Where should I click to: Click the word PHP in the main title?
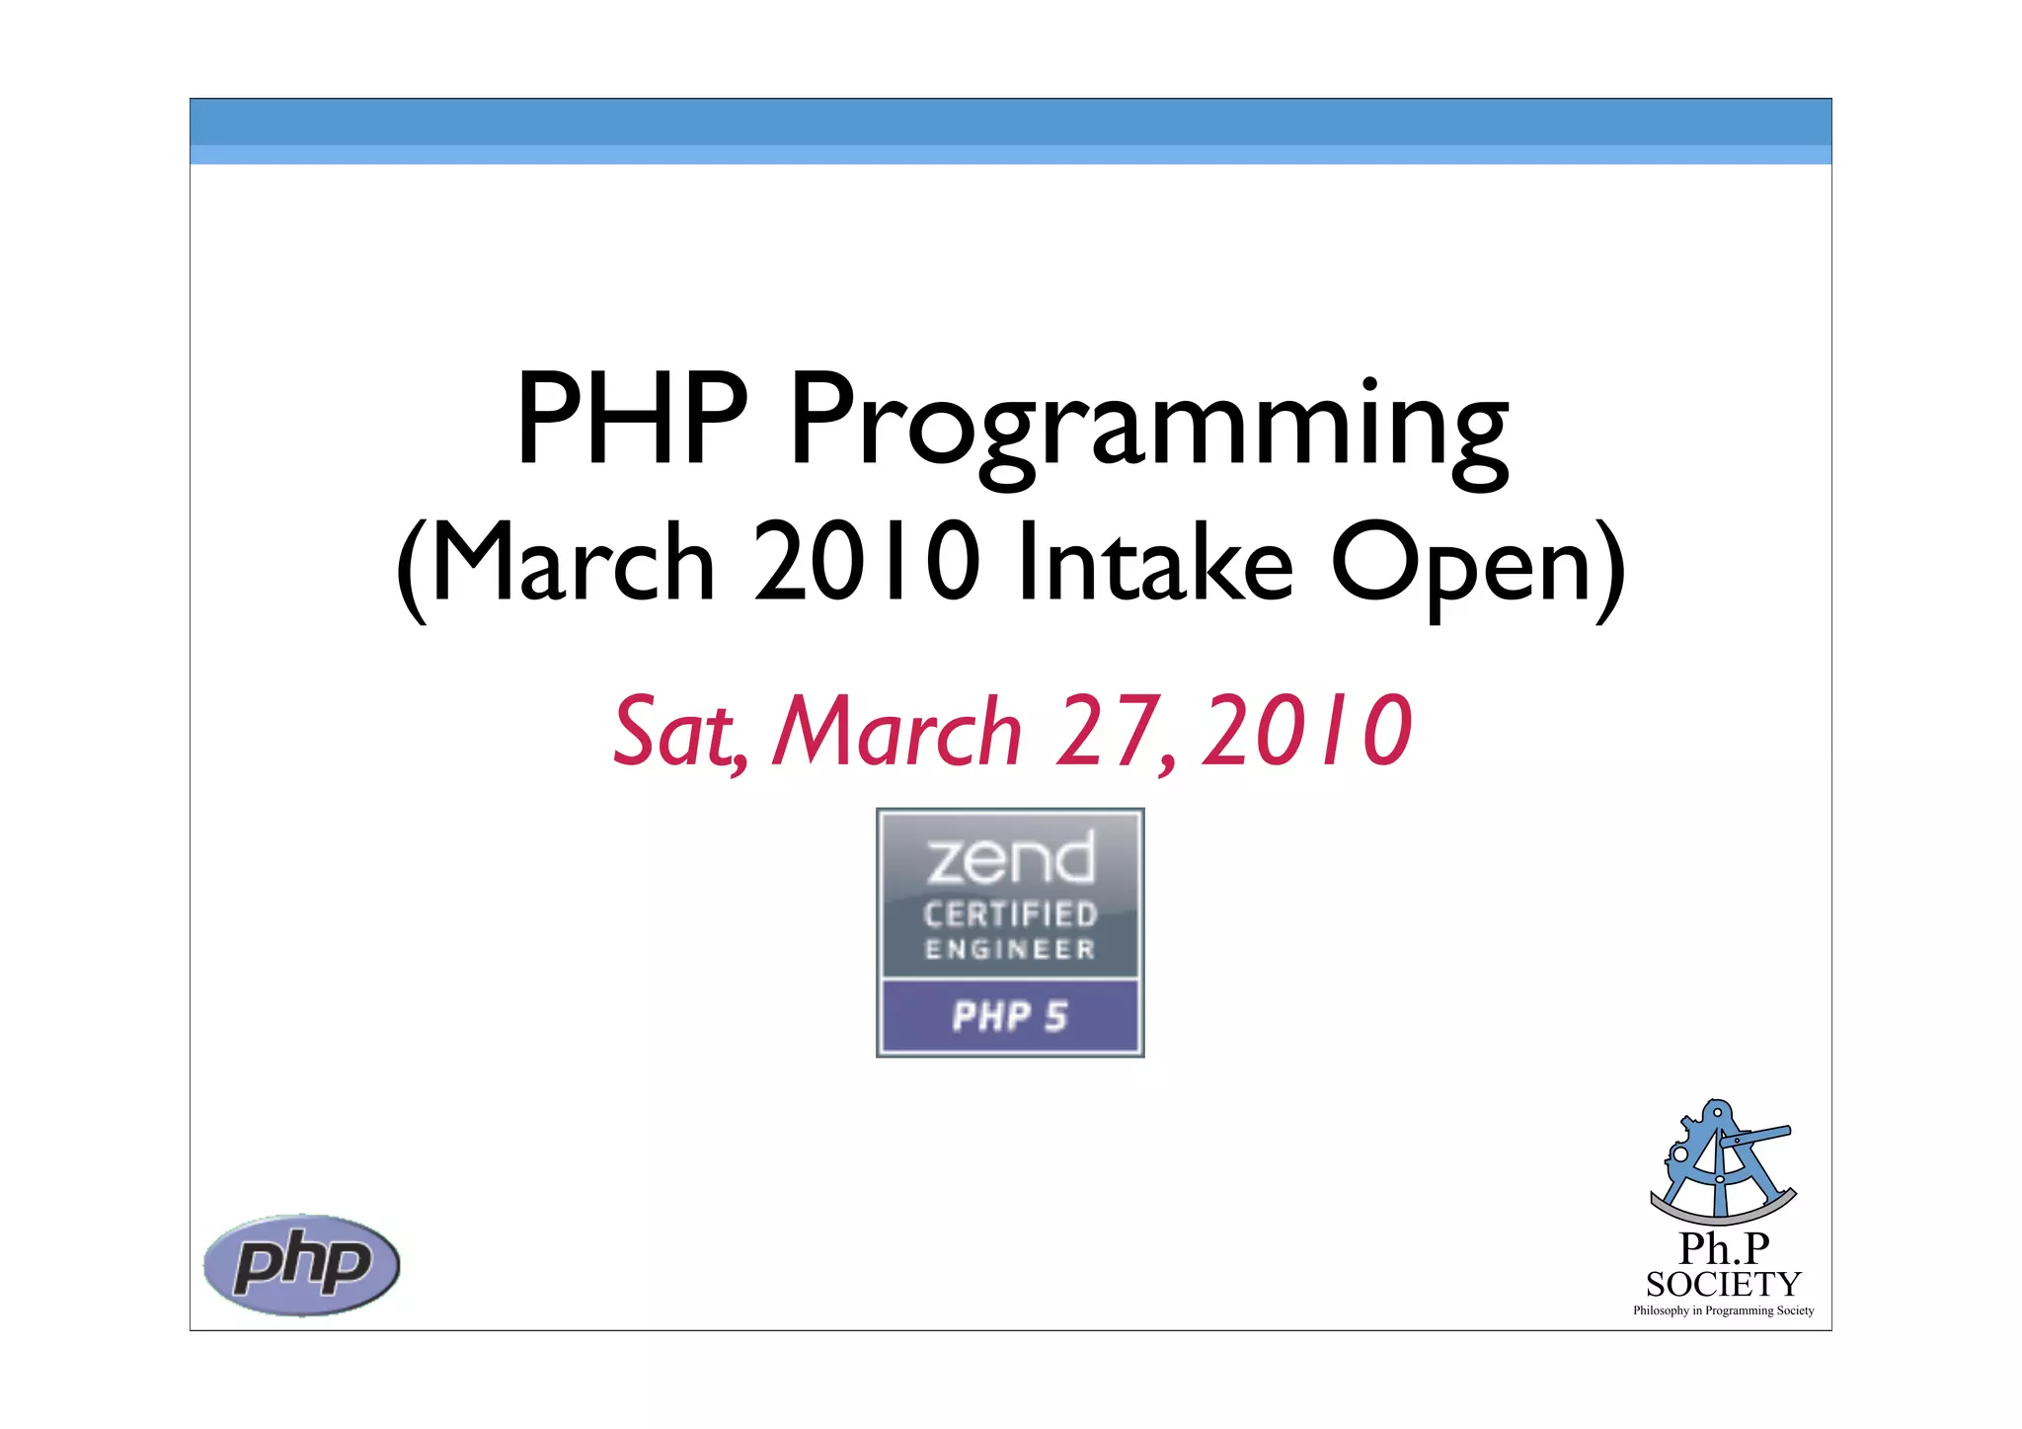tap(632, 419)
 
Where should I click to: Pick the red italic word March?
tap(896, 732)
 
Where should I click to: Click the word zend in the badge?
tap(1010, 858)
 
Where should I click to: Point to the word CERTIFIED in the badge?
tap(1010, 914)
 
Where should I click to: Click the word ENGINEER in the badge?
tap(1010, 949)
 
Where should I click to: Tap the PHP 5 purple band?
tap(1010, 1016)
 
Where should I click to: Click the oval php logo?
tap(302, 1265)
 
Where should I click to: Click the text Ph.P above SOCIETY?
tap(1724, 1249)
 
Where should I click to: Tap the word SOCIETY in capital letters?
tap(1723, 1285)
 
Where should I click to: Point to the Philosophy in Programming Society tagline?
tap(1723, 1310)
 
